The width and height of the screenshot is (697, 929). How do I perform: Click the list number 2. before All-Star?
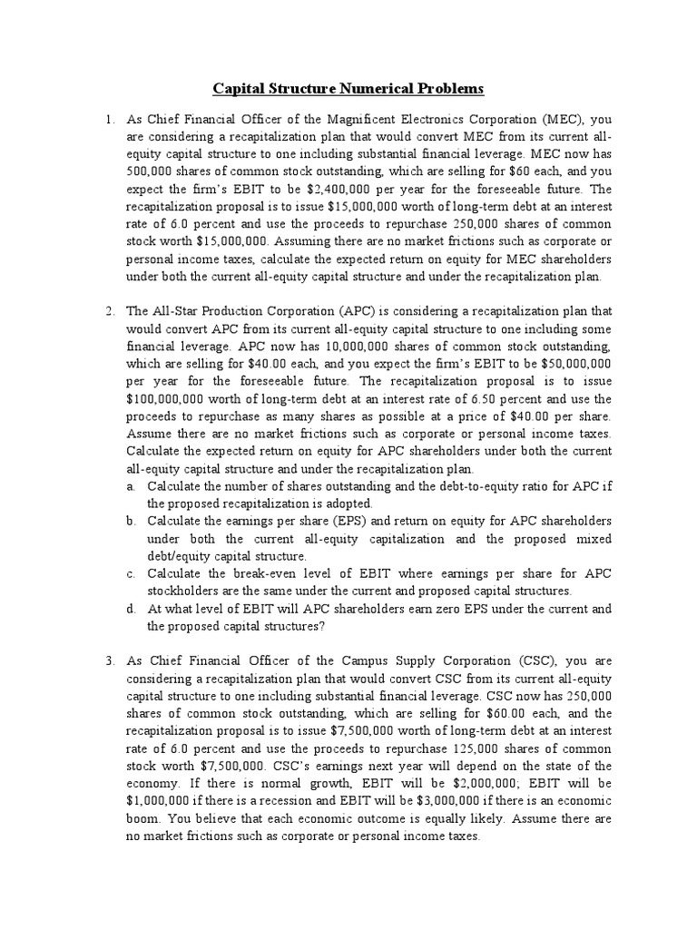coord(109,311)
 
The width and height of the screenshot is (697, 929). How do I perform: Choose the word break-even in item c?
coord(243,573)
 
